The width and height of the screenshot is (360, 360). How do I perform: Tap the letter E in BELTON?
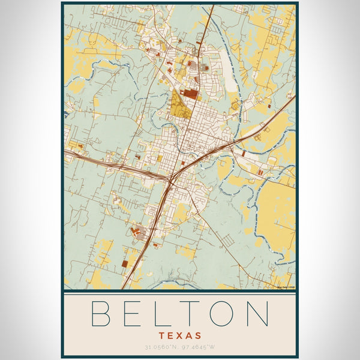133,313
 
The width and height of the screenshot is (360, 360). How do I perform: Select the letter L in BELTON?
163,313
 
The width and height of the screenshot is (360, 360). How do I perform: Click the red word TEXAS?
180,335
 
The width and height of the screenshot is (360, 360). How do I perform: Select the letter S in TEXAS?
197,335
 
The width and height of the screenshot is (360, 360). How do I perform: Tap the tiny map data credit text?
286,287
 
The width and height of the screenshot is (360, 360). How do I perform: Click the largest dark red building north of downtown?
190,94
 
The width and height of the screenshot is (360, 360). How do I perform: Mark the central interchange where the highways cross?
172,178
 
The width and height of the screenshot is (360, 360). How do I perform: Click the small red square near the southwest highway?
124,263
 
